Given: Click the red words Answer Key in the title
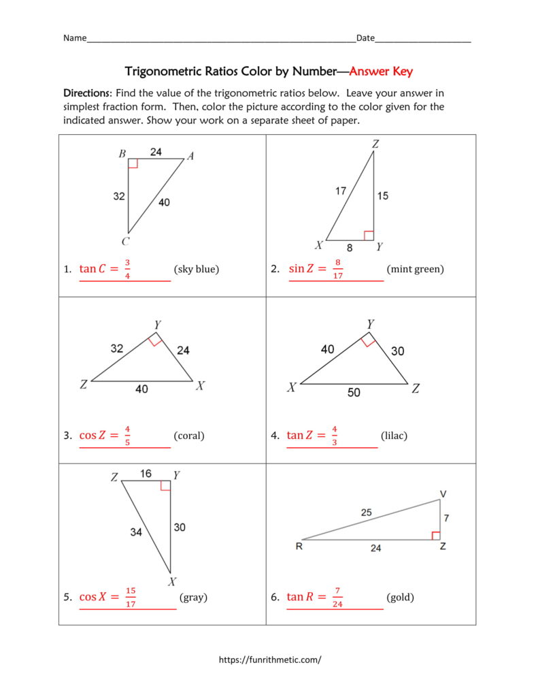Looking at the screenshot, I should pos(381,71).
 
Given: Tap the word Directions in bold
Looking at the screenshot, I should pos(86,93).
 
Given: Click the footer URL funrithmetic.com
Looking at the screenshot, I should pos(269,660).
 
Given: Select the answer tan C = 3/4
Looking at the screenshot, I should pos(105,269).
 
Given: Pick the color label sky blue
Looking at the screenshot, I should pos(196,269).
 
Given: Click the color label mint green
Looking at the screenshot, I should pos(415,269).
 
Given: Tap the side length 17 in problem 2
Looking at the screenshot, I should pos(341,191).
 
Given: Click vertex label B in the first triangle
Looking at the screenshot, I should pos(122,154).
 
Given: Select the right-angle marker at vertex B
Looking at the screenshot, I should pos(133,163).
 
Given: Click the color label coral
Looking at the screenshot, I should pos(189,436).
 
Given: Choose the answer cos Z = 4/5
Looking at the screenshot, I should pos(105,436).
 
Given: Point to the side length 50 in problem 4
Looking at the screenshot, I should pos(354,393).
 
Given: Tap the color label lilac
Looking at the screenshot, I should pos(394,436).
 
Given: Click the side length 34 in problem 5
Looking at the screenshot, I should pos(136,532).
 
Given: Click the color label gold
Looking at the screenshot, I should pos(400,598).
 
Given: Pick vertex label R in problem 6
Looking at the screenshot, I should pos(299,546).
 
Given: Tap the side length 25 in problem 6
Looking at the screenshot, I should pos(367,513).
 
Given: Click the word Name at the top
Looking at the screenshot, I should pos(75,38).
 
